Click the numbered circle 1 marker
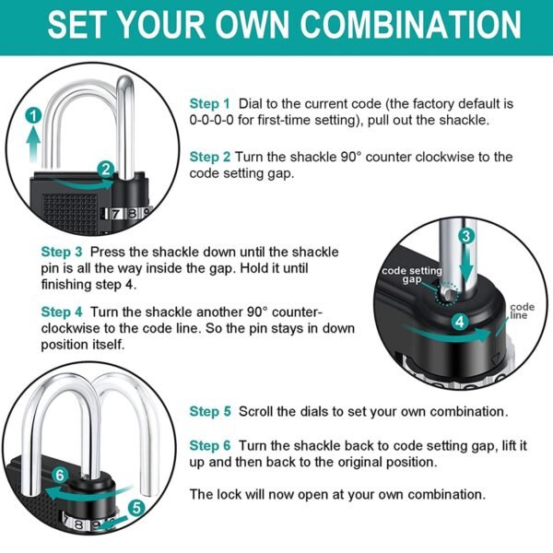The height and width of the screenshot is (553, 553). (34, 115)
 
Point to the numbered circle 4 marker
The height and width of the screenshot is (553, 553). (460, 322)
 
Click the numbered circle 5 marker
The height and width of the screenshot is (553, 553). (137, 506)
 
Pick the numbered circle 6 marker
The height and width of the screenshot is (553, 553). (59, 475)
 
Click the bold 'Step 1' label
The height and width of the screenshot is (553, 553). (210, 103)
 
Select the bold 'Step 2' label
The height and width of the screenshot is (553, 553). (210, 157)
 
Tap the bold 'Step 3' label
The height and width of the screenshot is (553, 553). (62, 251)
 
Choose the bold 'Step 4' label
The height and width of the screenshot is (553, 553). (62, 312)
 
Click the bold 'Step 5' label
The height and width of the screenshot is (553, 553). (210, 411)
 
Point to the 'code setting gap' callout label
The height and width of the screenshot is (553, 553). (411, 273)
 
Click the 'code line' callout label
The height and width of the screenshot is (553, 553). (521, 311)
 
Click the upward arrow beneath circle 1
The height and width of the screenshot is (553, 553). (34, 141)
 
